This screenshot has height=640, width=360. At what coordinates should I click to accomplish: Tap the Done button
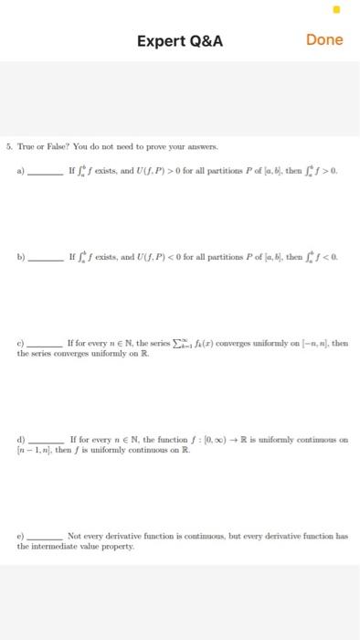(324, 39)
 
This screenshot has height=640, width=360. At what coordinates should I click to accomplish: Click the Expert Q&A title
(179, 40)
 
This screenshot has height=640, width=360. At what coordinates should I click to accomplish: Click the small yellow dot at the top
(335, 10)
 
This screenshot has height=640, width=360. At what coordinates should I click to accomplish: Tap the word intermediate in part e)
(61, 544)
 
